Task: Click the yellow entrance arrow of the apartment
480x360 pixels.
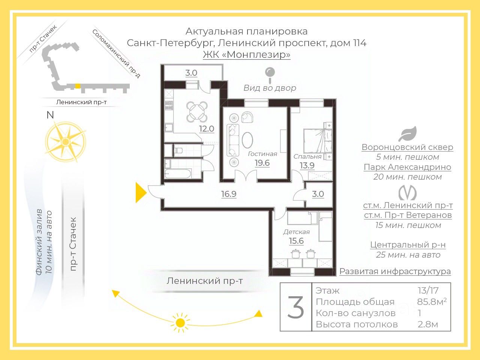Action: click(141, 193)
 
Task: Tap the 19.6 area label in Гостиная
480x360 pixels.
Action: click(262, 163)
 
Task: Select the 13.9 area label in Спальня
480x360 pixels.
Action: click(307, 165)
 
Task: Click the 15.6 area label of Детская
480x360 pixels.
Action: click(296, 241)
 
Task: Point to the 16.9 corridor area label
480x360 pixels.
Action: click(229, 194)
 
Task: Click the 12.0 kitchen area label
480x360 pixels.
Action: click(206, 129)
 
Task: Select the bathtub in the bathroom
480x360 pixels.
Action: click(178, 174)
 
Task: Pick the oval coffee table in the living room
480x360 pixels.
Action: click(247, 140)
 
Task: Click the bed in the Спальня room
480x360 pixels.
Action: click(317, 141)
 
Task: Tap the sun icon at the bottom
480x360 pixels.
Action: click(180, 322)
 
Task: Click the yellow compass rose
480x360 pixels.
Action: click(66, 142)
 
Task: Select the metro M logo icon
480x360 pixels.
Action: click(407, 193)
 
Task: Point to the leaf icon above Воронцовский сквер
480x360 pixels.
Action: click(407, 134)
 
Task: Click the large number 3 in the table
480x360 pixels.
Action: click(296, 307)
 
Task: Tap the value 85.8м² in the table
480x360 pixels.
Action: click(432, 302)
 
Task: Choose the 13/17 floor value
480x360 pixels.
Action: click(428, 290)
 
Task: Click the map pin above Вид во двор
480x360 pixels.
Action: click(270, 74)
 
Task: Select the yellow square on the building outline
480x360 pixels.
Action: click(77, 86)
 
